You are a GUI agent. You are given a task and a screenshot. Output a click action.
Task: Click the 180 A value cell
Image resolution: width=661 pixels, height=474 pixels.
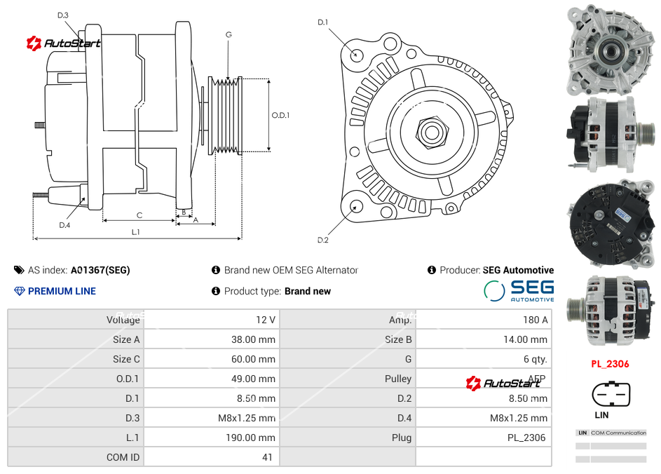coord(536,320)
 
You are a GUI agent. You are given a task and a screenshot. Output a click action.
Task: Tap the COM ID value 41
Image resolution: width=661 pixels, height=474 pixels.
coord(267,457)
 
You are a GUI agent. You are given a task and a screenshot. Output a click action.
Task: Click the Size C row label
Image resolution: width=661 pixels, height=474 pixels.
coord(126,359)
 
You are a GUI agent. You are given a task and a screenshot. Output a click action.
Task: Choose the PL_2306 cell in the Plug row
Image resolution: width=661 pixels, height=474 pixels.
coord(526,438)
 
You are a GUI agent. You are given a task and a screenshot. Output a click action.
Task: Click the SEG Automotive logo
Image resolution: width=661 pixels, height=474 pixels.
coord(519,290)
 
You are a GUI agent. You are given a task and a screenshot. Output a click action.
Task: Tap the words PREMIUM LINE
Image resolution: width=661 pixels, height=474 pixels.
coord(62,291)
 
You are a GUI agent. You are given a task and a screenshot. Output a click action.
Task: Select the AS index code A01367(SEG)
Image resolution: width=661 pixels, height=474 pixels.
coord(100,270)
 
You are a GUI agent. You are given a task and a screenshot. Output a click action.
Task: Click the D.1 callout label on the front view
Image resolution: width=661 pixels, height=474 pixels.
coord(322,22)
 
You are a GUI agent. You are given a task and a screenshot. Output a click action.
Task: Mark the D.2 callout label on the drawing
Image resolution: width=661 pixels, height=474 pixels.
coord(322,240)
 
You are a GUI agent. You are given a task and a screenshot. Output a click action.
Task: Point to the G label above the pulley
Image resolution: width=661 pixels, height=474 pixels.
coord(229,34)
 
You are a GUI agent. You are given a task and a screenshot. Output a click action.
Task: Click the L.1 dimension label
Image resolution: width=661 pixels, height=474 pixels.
coord(135,231)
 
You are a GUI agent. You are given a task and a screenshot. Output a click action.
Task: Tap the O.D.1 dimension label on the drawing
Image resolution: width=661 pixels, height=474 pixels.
coord(280,115)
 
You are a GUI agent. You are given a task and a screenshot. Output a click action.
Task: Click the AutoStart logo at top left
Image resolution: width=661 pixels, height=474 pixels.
coord(64,43)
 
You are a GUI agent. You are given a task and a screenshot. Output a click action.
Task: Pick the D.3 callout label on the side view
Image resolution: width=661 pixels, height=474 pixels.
coord(63,15)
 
